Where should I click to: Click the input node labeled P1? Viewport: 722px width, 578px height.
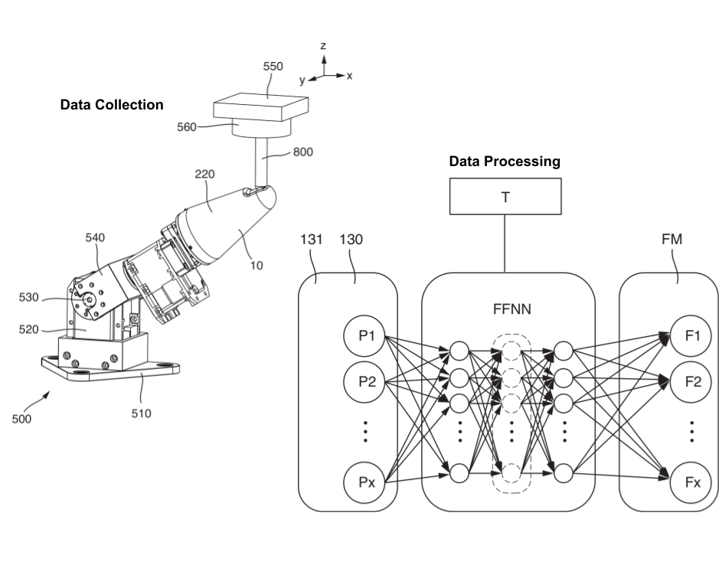[x=364, y=336]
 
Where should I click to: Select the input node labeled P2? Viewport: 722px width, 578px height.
[x=364, y=382]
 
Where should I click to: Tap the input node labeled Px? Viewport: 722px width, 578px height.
[x=364, y=482]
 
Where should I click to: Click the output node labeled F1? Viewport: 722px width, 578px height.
[x=691, y=336]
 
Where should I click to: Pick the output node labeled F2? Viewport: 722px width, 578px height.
[x=691, y=382]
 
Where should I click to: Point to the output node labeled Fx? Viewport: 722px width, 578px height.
[x=691, y=482]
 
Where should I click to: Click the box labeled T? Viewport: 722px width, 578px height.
[x=505, y=197]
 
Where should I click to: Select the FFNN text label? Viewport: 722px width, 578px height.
[x=512, y=309]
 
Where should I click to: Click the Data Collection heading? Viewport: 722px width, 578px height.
[x=112, y=105]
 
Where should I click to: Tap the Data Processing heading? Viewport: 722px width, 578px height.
[x=505, y=162]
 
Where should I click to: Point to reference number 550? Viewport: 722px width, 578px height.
[x=273, y=67]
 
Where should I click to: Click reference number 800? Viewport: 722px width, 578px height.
[x=303, y=152]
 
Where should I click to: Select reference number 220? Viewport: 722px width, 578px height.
[x=204, y=174]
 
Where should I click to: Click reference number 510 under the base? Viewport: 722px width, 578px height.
[x=141, y=413]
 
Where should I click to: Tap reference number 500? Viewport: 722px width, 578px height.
[x=21, y=419]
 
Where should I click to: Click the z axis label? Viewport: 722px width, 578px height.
[x=323, y=46]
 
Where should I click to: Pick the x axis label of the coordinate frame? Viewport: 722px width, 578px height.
[x=349, y=76]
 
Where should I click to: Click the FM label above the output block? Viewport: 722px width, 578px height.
[x=671, y=240]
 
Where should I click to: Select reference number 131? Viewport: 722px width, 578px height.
[x=312, y=240]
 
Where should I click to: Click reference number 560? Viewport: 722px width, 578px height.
[x=187, y=127]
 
